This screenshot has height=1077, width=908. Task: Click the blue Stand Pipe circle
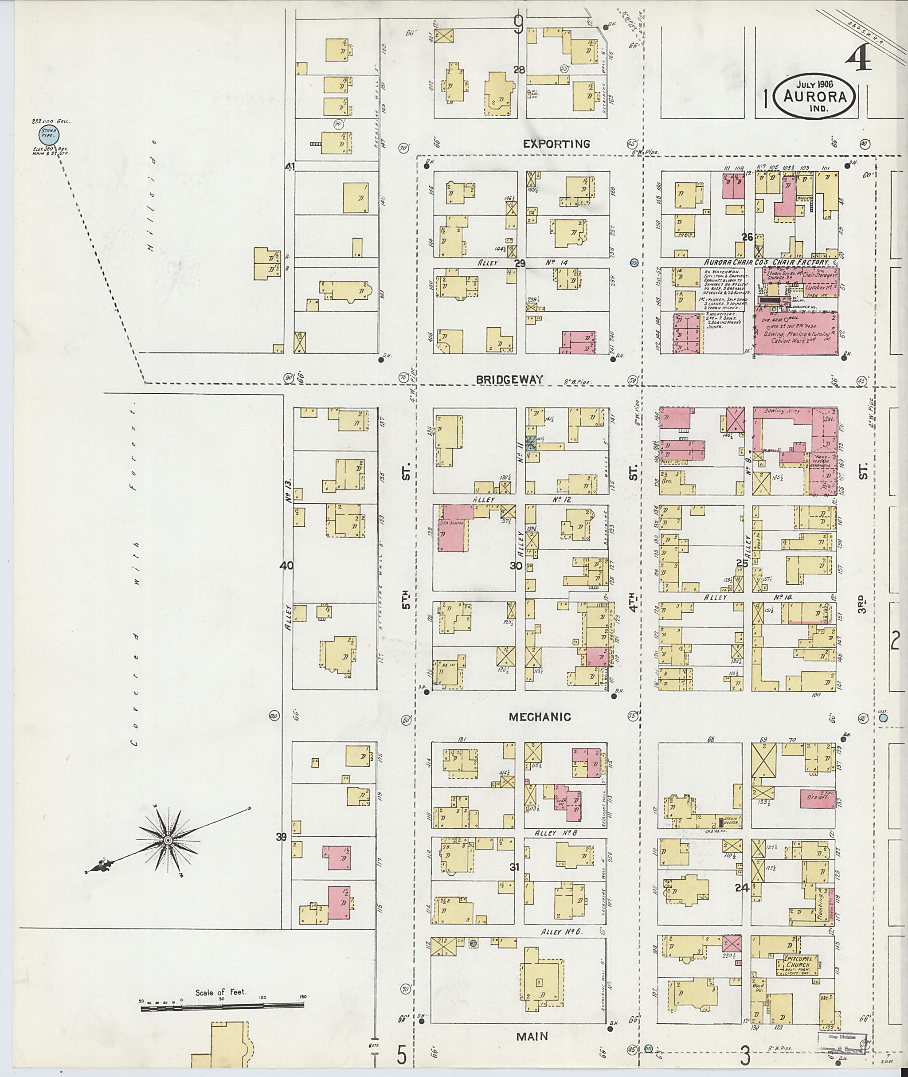(x=49, y=135)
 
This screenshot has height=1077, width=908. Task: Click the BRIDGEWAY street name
(x=509, y=380)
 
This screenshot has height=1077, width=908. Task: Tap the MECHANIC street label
(x=540, y=717)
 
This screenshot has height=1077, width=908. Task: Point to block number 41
(x=290, y=167)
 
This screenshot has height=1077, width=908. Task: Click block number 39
(x=281, y=837)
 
